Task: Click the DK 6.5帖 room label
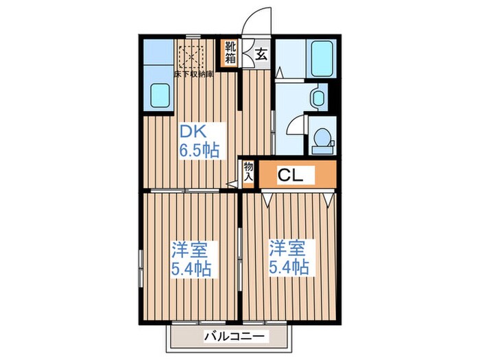point(201,141)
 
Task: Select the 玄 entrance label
point(261,55)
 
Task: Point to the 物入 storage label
point(248,171)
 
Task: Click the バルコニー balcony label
point(234,337)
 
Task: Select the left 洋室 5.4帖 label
point(190,257)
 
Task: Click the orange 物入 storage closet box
point(248,171)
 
